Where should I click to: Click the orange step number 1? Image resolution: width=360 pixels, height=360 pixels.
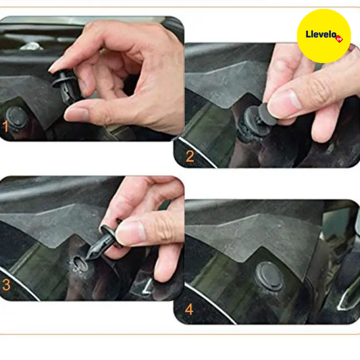point(5,126)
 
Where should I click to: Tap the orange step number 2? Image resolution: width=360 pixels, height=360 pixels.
point(190,156)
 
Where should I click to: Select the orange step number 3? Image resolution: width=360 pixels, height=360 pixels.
point(6,285)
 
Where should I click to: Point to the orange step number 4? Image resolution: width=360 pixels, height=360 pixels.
point(189,309)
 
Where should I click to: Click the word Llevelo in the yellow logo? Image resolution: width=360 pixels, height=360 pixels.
point(321,34)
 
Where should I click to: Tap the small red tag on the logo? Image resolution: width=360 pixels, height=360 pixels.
point(339,38)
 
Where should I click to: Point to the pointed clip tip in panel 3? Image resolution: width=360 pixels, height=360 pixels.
point(88,257)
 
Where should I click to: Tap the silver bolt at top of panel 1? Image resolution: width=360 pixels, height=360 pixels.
point(32,46)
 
